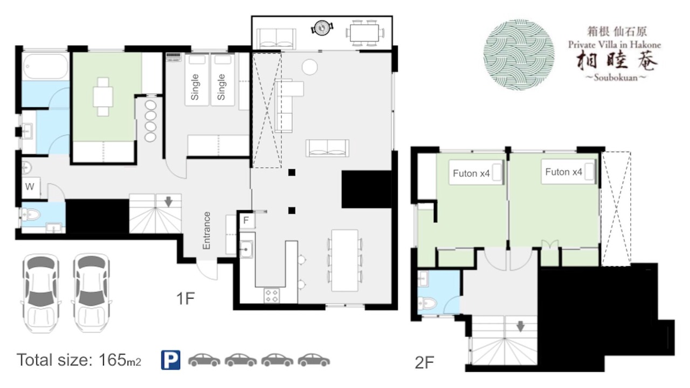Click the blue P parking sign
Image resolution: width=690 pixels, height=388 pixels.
tap(171, 360)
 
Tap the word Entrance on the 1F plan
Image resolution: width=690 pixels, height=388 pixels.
tap(206, 230)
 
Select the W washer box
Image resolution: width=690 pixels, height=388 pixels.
tap(31, 187)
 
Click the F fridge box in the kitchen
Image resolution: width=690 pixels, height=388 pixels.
tap(247, 220)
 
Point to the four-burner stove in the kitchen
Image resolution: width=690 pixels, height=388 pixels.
tap(272, 296)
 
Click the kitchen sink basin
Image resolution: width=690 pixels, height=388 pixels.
tap(246, 249)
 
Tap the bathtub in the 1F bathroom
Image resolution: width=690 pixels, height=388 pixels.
tap(46, 66)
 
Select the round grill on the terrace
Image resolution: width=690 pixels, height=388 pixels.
tap(322, 28)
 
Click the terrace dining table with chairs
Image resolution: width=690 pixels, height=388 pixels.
tap(365, 33)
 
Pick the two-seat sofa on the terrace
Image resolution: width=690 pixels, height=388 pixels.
tap(276, 39)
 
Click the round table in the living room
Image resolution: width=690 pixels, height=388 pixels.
tap(309, 67)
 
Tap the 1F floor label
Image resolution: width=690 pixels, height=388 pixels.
tap(185, 298)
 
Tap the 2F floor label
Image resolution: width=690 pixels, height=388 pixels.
tap(424, 363)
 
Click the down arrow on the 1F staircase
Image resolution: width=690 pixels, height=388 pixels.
tap(169, 202)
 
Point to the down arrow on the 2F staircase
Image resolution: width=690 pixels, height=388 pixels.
tap(520, 327)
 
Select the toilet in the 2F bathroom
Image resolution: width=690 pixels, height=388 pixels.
tap(427, 303)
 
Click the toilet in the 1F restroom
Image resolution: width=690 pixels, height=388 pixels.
tap(31, 214)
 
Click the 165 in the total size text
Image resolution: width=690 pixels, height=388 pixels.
tap(112, 359)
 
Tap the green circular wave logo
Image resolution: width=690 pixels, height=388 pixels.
tap(519, 55)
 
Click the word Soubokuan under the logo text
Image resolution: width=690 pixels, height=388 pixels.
tap(616, 77)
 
